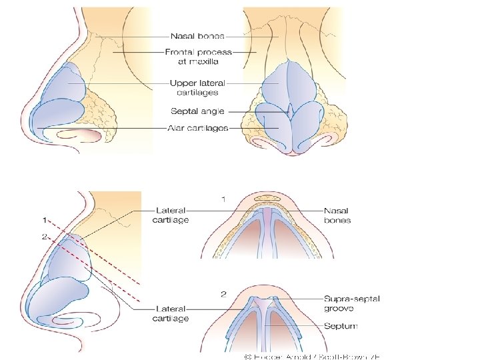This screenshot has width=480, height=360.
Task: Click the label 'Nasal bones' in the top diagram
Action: (197, 36)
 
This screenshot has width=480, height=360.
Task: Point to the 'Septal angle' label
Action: (198, 111)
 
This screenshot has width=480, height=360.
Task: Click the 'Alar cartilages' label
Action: (199, 127)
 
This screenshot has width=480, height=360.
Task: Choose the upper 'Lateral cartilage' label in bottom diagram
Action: (171, 215)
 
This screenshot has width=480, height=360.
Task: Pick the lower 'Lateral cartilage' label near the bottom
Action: (171, 313)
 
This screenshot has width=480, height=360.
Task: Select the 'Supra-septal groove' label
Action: (351, 303)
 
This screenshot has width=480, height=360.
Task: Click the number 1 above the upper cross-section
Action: (223, 199)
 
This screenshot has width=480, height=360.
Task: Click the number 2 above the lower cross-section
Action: (223, 293)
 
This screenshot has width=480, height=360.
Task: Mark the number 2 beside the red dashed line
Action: (44, 236)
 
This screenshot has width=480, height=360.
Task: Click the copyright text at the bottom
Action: (312, 355)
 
